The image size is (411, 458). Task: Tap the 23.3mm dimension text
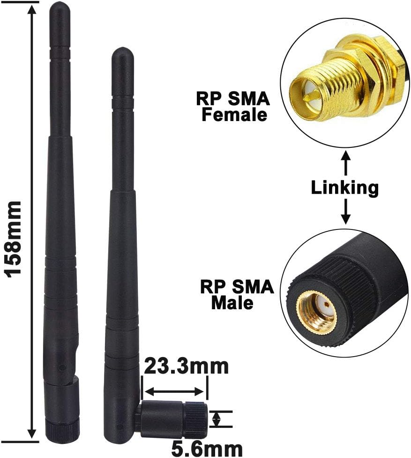tap(186, 366)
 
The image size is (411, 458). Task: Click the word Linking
tap(345, 188)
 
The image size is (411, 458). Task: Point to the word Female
tap(234, 114)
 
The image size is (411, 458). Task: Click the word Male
tap(232, 303)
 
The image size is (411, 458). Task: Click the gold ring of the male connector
tap(317, 312)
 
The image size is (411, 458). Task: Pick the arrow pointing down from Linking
tap(345, 212)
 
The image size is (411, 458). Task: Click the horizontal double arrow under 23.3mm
tap(174, 391)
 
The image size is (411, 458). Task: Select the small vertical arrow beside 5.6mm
tap(216, 419)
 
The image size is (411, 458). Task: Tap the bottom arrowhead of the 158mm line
tap(32, 434)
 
